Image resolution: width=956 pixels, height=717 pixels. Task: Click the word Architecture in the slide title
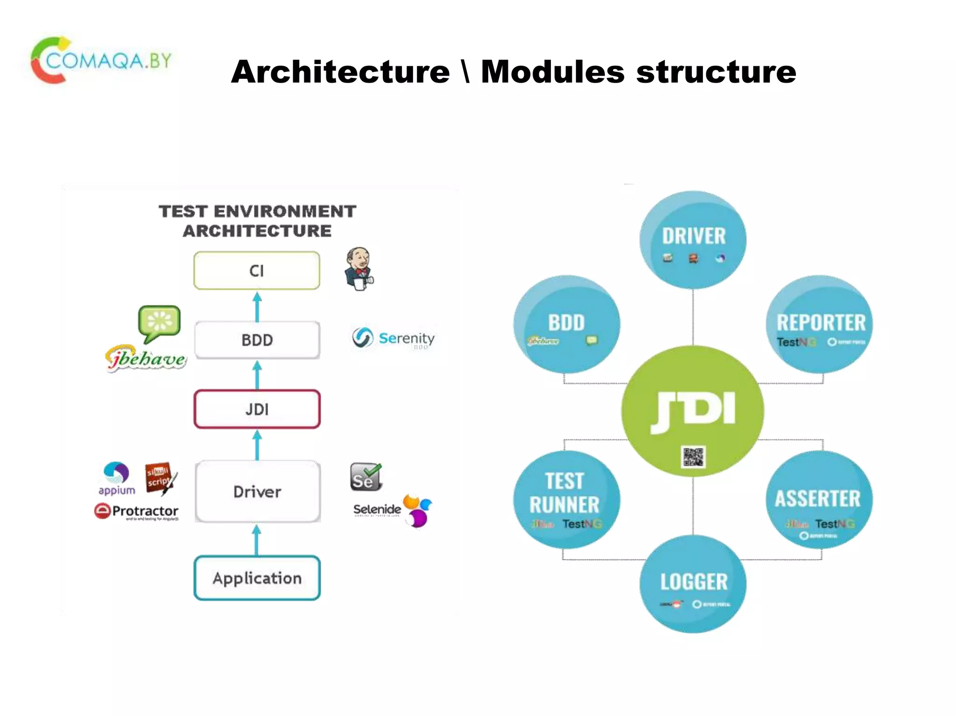[x=340, y=72]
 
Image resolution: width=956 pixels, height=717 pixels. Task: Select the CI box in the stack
[x=257, y=271]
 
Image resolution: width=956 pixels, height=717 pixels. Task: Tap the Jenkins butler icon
[x=358, y=269]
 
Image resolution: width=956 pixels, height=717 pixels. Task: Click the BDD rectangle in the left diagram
[x=257, y=340]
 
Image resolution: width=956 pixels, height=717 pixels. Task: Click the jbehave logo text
[x=146, y=358]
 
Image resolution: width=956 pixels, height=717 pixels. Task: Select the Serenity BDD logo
[x=393, y=338]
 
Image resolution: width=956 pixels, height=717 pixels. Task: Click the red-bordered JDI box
[x=257, y=409]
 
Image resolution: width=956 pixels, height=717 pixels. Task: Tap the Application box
[x=257, y=578]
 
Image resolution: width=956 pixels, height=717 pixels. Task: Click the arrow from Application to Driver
[x=256, y=540]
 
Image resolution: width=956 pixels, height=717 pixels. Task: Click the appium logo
[x=116, y=478]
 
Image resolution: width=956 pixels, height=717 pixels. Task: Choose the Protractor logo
[x=137, y=512]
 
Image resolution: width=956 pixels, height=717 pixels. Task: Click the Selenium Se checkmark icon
[x=366, y=477]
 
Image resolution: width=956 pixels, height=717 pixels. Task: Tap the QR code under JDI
[x=693, y=457]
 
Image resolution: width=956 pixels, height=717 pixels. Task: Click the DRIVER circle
[x=693, y=239]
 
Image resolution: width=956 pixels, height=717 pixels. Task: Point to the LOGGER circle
[x=693, y=583]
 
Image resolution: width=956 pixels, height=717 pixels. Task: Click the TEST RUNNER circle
[x=566, y=499]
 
